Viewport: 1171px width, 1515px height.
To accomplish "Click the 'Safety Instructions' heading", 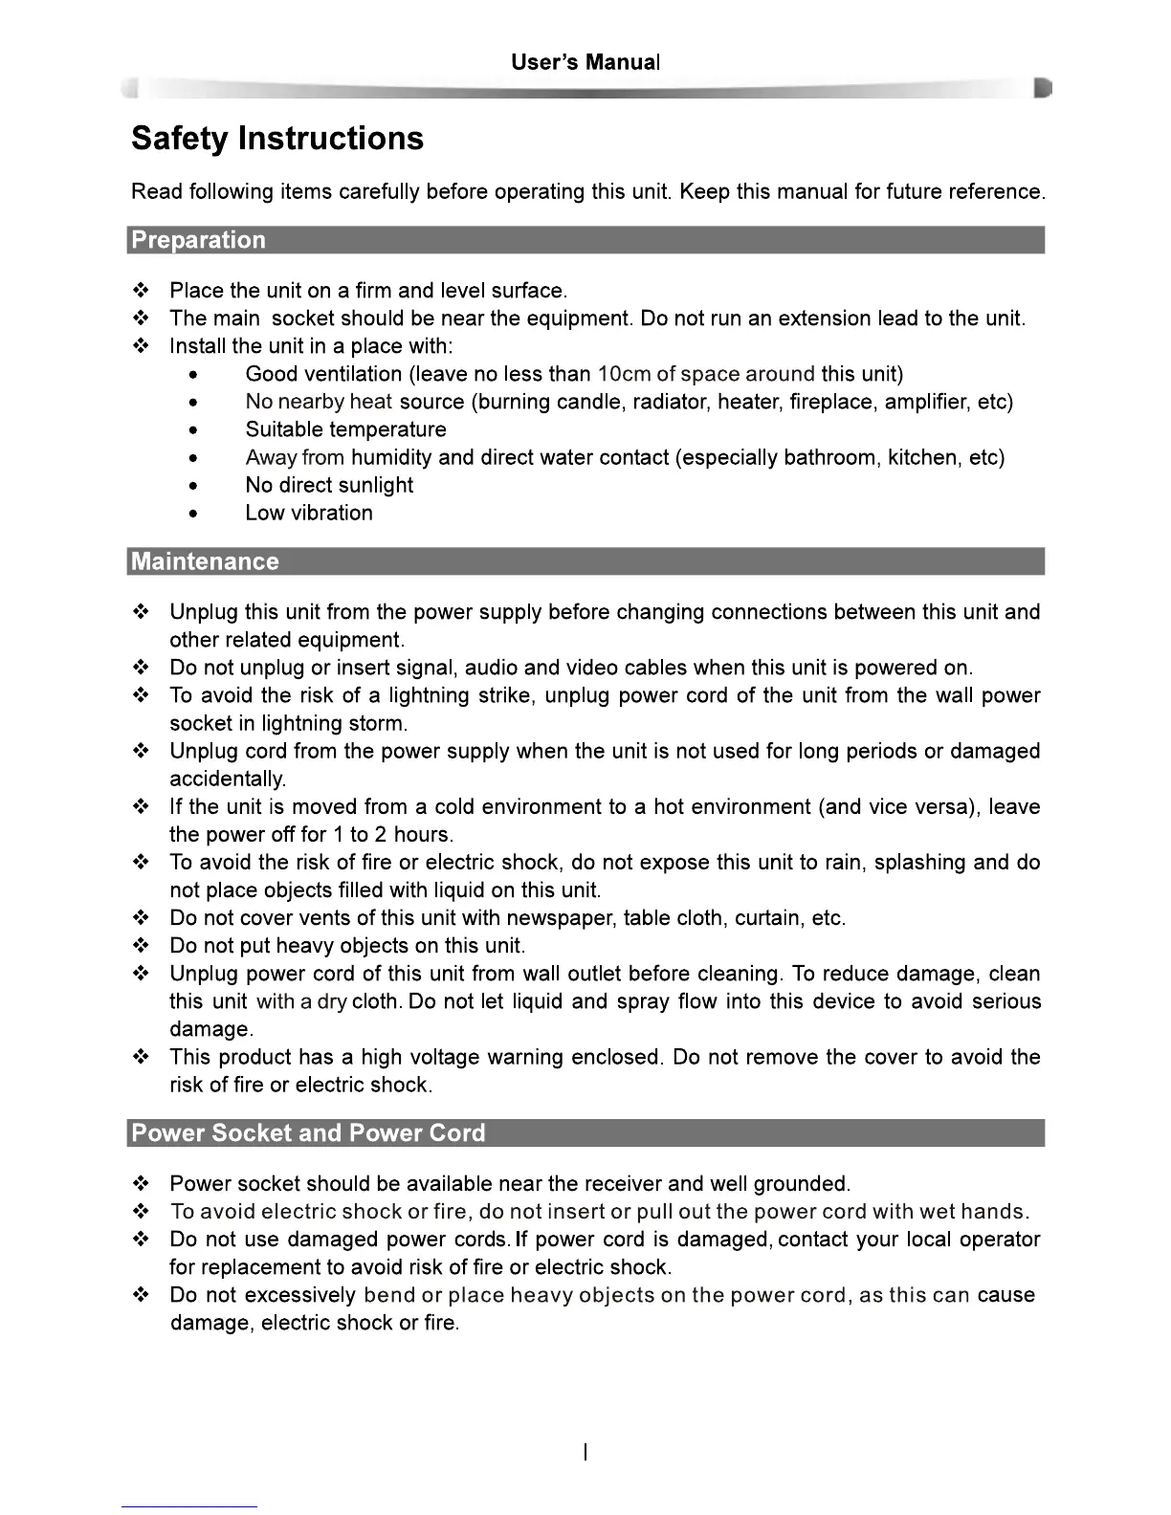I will tap(276, 139).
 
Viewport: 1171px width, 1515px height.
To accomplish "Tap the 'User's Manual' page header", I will tap(585, 63).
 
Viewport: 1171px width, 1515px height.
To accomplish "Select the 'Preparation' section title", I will tap(198, 240).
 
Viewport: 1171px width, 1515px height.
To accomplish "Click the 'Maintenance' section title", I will tap(205, 561).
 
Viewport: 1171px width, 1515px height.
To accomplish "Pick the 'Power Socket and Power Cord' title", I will tap(308, 1133).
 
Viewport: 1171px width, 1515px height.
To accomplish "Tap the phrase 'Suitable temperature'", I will tap(345, 429).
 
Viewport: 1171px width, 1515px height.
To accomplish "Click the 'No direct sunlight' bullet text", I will tap(329, 485).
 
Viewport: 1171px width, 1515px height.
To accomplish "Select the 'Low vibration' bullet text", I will tap(309, 513).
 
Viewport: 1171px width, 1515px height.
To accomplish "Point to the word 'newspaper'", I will tap(561, 918).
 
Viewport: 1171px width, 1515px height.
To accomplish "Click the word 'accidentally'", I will tap(227, 779).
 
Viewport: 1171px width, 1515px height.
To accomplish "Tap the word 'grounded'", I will tap(800, 1184).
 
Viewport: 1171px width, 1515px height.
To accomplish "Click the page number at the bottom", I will tap(585, 1453).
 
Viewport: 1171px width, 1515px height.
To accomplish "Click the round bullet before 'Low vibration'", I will tap(194, 514).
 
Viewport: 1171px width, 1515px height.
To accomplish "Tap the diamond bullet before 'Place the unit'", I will tap(141, 291).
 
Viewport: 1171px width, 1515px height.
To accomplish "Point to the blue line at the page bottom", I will tap(189, 1506).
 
